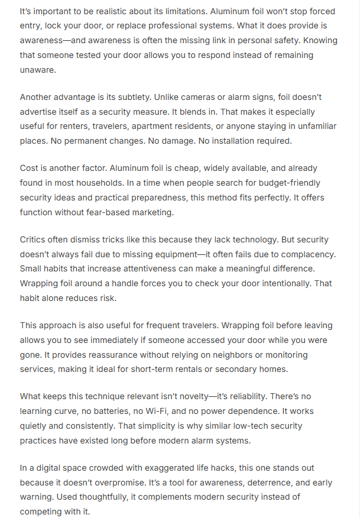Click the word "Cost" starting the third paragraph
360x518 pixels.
(30, 169)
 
